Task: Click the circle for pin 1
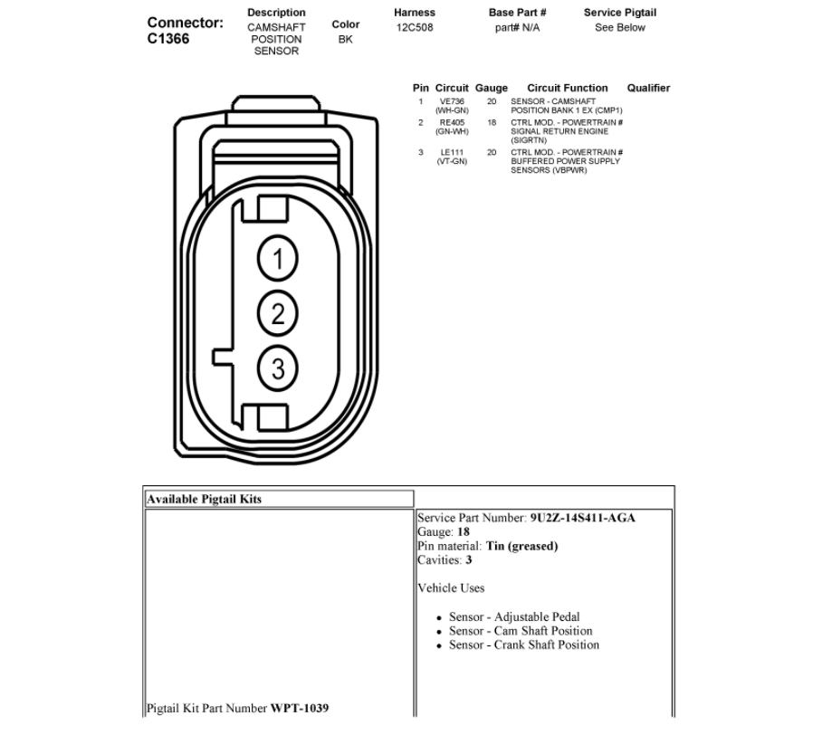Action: [x=278, y=260]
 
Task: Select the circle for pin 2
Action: [x=278, y=314]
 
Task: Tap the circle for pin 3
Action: [x=278, y=368]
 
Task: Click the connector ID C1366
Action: [x=168, y=39]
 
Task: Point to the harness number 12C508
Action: [x=415, y=27]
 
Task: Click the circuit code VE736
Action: [x=452, y=101]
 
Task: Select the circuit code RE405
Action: [x=452, y=122]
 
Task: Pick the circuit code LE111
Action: [x=452, y=152]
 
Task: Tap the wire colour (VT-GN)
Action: [x=452, y=161]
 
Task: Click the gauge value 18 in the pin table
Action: [x=492, y=122]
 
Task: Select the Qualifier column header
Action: [x=648, y=88]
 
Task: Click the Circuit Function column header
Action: [x=568, y=88]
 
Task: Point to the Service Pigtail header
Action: [x=619, y=13]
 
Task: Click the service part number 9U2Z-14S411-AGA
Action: [x=582, y=519]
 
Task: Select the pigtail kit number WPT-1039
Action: [x=300, y=707]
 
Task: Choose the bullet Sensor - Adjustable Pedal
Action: [x=514, y=617]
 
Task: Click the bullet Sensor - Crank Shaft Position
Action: [x=524, y=644]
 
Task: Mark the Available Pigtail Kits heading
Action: [x=204, y=499]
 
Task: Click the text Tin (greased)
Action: [x=521, y=546]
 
